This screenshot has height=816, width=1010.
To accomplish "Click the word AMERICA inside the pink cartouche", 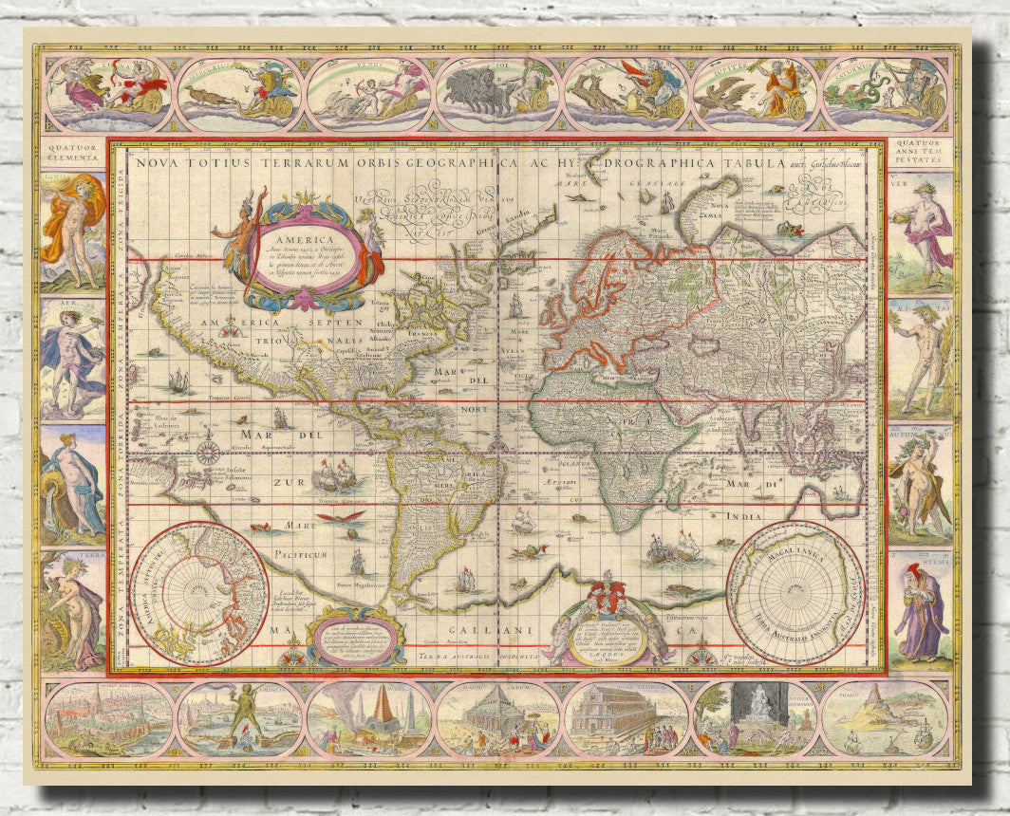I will tap(305, 241).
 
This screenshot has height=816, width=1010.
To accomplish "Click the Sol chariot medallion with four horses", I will tap(497, 94).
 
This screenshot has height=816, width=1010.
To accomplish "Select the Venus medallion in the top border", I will tap(368, 94).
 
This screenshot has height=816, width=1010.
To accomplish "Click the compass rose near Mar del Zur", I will tap(208, 451).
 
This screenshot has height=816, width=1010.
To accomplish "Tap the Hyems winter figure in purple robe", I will tap(918, 612).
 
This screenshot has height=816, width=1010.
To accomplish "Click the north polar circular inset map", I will tap(199, 592).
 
